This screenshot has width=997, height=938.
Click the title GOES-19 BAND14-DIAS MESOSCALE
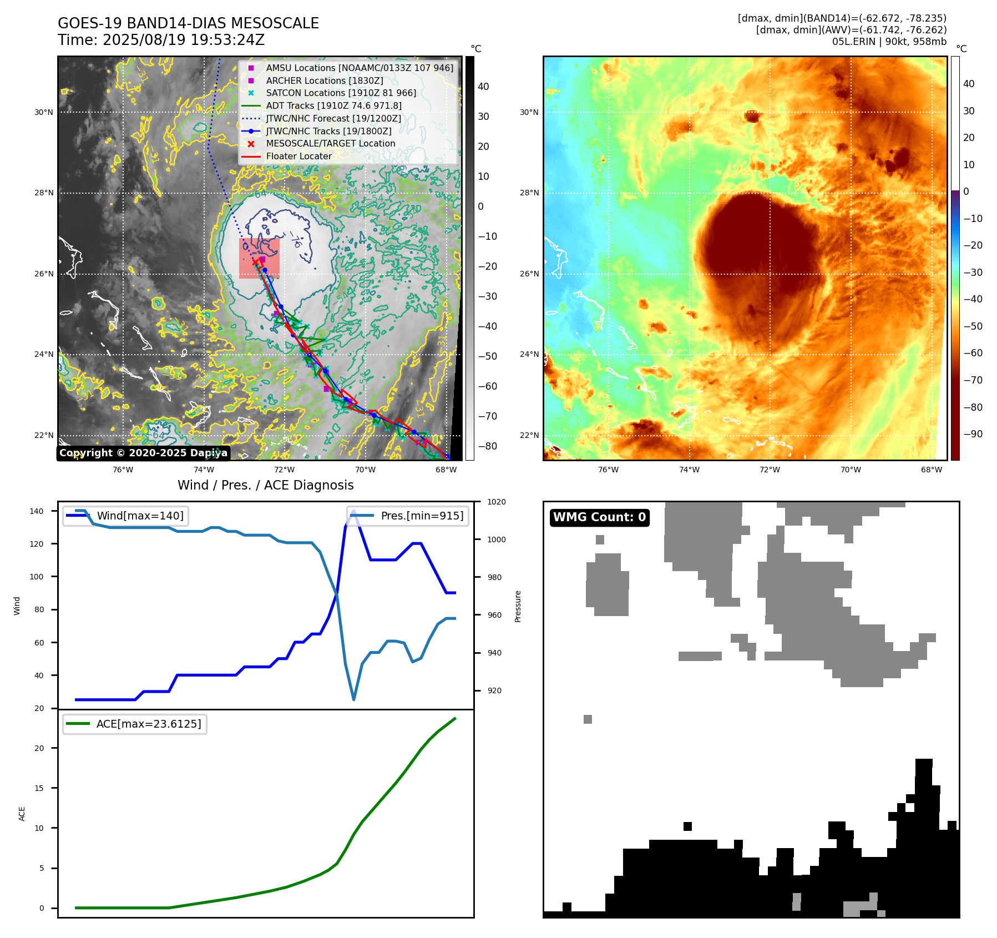pyautogui.click(x=188, y=23)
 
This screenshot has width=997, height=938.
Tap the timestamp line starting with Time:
pyautogui.click(x=161, y=40)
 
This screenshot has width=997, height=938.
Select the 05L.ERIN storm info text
pyautogui.click(x=889, y=42)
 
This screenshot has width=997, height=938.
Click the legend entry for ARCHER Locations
pyautogui.click(x=324, y=80)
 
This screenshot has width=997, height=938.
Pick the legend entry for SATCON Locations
pyautogui.click(x=341, y=93)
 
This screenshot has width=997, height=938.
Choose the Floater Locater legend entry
pyautogui.click(x=298, y=156)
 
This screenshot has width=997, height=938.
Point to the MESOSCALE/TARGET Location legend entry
pyautogui.click(x=330, y=143)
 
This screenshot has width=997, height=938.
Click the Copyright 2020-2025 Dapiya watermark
pyautogui.click(x=143, y=453)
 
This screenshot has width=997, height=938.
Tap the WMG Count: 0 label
pyautogui.click(x=599, y=517)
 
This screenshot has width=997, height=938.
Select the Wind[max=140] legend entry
pyautogui.click(x=140, y=516)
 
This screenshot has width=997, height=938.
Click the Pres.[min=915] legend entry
pyautogui.click(x=422, y=516)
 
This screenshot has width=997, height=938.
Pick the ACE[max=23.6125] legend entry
pyautogui.click(x=148, y=724)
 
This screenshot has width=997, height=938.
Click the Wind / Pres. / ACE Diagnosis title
pyautogui.click(x=265, y=485)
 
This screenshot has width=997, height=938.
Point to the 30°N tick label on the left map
pyautogui.click(x=44, y=112)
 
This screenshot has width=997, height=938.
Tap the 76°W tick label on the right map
pyautogui.click(x=608, y=470)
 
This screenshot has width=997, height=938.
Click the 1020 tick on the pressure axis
pyautogui.click(x=496, y=502)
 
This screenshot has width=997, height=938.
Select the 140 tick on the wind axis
pyautogui.click(x=36, y=511)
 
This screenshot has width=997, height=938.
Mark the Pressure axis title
pyautogui.click(x=518, y=606)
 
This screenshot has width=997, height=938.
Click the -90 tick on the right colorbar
pyautogui.click(x=973, y=434)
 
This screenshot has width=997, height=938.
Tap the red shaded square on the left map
pyautogui.click(x=259, y=258)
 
